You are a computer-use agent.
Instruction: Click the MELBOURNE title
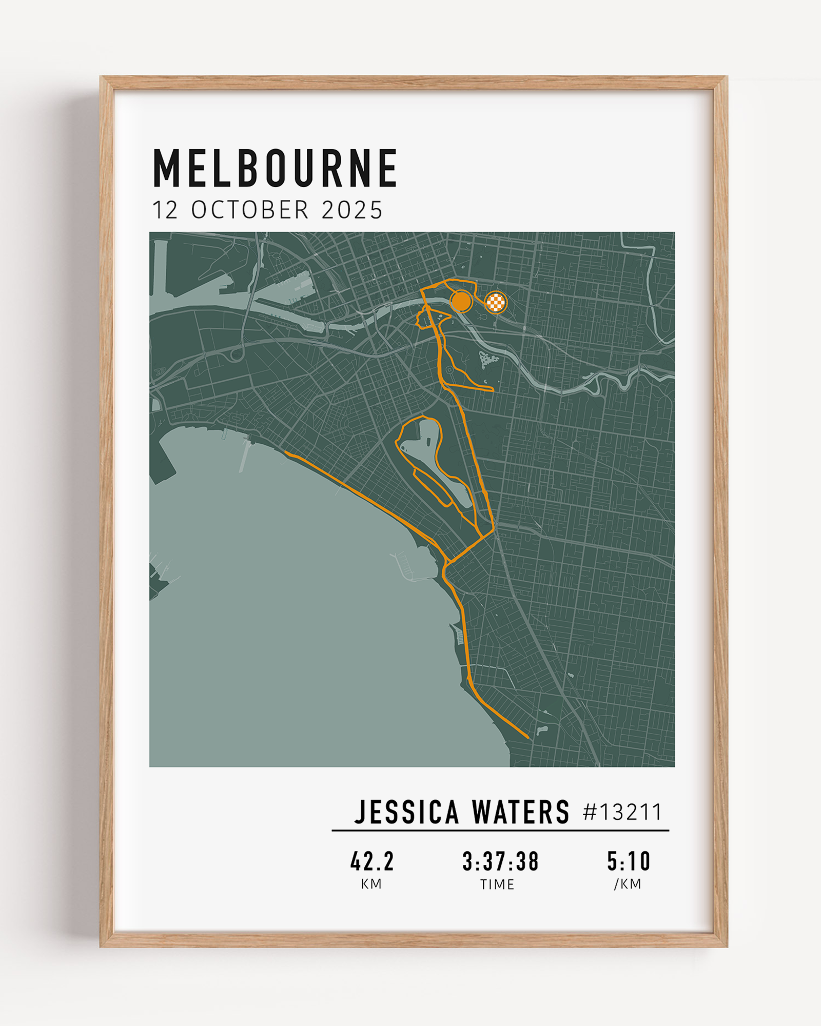(x=275, y=168)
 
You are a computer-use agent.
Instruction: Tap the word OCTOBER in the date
(x=250, y=210)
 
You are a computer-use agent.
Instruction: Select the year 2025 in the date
(x=352, y=210)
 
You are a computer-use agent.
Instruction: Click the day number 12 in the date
(x=165, y=210)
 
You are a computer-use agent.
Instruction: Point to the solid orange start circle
(x=461, y=301)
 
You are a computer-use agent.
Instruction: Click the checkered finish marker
(x=496, y=302)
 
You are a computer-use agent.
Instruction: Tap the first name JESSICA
(x=406, y=812)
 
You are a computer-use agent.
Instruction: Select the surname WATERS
(x=520, y=812)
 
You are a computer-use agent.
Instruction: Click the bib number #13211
(x=622, y=812)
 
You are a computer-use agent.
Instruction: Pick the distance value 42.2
(x=372, y=861)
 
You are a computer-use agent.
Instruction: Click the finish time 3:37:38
(x=500, y=861)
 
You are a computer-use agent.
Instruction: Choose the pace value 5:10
(x=629, y=861)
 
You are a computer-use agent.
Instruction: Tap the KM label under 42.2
(x=372, y=884)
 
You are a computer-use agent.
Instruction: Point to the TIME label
(x=497, y=884)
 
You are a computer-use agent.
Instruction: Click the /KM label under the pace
(x=628, y=884)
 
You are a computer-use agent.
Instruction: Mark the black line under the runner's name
(x=500, y=830)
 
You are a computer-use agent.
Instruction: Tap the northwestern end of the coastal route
(x=286, y=452)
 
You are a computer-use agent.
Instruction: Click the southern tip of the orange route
(x=528, y=738)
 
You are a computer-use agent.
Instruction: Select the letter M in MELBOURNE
(x=166, y=168)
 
